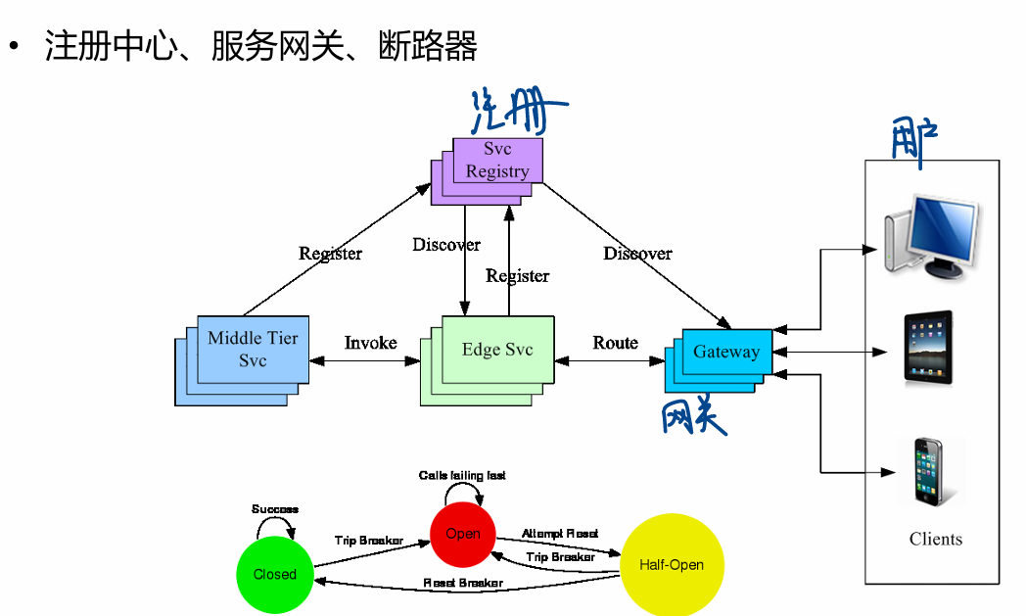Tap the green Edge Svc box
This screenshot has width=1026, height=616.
pos(497,350)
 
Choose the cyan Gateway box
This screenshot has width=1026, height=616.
pos(726,352)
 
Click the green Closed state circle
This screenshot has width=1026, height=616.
pos(274,574)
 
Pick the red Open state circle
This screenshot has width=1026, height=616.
pos(462,534)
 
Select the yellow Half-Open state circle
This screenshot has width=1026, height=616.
pos(672,565)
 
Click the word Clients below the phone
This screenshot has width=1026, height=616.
pos(935,539)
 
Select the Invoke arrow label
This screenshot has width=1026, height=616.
pos(370,343)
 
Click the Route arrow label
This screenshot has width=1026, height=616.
pos(615,343)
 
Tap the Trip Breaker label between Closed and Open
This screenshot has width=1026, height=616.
pos(368,541)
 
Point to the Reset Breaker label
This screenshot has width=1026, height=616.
pos(463,583)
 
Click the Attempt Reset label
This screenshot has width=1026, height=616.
pos(560,534)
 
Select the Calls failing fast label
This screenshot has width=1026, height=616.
pos(462,475)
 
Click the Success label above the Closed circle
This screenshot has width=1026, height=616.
pos(275,509)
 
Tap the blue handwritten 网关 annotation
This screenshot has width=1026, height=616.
pos(694,417)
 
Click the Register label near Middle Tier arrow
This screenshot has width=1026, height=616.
pos(330,254)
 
